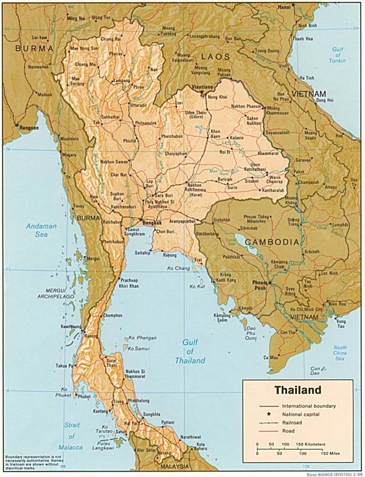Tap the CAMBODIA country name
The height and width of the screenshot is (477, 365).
click(273, 241)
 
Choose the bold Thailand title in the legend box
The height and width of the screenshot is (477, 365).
click(297, 389)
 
